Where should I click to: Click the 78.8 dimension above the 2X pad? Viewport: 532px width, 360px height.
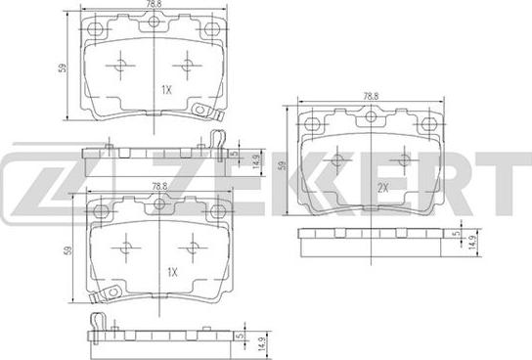tap(371, 96)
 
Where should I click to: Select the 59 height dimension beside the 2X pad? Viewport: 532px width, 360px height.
tap(282, 165)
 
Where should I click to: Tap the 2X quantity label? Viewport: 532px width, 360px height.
tap(383, 188)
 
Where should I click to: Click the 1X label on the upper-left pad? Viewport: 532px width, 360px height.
tap(166, 90)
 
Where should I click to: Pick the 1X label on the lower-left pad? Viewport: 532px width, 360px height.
tap(172, 272)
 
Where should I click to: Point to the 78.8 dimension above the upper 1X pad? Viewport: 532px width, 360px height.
tap(154, 4)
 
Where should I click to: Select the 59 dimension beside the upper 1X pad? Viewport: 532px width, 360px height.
tap(63, 67)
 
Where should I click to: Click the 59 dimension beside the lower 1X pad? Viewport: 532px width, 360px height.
tap(67, 250)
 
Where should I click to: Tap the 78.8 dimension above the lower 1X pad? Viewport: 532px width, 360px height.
tap(159, 186)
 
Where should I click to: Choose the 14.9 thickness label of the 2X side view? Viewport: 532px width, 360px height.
tap(472, 243)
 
